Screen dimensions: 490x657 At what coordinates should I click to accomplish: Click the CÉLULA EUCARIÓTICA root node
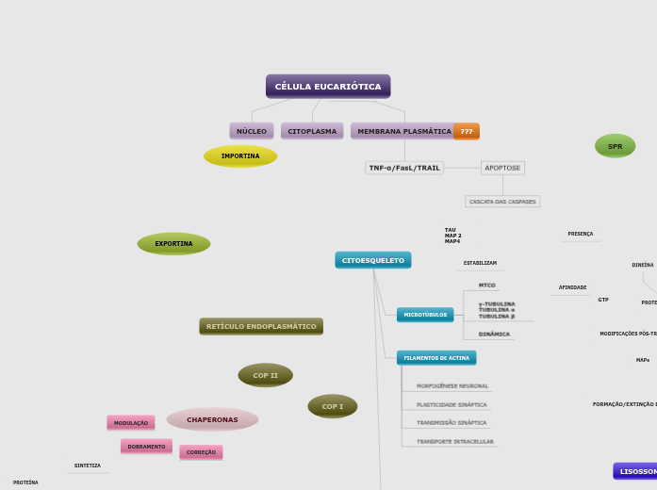click(x=328, y=87)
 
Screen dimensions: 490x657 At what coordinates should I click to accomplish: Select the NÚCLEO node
click(x=252, y=131)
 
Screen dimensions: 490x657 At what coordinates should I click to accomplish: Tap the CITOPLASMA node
click(x=312, y=131)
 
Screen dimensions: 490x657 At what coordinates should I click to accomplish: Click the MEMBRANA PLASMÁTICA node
click(x=403, y=131)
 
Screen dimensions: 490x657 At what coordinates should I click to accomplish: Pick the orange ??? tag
click(x=467, y=131)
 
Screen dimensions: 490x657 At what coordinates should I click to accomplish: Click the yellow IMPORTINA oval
click(x=240, y=156)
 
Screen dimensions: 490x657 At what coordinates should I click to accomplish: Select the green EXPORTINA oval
click(x=173, y=244)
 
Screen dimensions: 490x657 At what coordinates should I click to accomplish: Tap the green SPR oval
click(x=615, y=146)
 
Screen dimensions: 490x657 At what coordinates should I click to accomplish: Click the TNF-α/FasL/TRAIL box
click(x=404, y=168)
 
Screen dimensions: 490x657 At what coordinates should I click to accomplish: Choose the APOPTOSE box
click(x=502, y=168)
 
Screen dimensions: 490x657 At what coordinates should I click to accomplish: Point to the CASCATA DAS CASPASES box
click(x=502, y=202)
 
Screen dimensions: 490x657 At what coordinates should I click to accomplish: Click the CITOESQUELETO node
click(x=373, y=260)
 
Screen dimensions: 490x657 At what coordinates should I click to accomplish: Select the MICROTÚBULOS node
click(x=425, y=315)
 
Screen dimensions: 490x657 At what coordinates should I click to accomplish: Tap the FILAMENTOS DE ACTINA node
click(x=436, y=358)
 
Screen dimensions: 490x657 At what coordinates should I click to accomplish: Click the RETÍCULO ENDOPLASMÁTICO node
click(x=261, y=326)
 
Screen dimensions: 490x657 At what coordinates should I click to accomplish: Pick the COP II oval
click(x=266, y=375)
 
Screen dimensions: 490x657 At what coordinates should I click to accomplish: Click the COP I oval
click(x=333, y=406)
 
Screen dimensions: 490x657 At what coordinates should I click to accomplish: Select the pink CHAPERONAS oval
click(x=212, y=419)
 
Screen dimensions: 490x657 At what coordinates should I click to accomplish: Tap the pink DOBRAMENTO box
click(x=146, y=447)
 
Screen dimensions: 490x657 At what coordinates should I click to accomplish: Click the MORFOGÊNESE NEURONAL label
click(x=452, y=386)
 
